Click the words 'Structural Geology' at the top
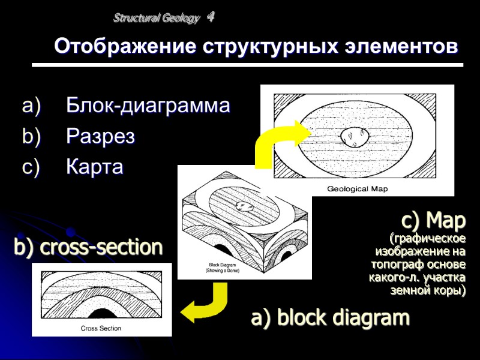point(156,19)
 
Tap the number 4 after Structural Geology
point(210,17)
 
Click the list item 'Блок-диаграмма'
point(148,106)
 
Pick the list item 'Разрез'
point(100,137)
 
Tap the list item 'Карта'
point(95,167)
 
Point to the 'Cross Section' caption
point(101,328)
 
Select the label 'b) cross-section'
point(88,247)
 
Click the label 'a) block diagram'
point(330,317)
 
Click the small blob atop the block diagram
point(244,206)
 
